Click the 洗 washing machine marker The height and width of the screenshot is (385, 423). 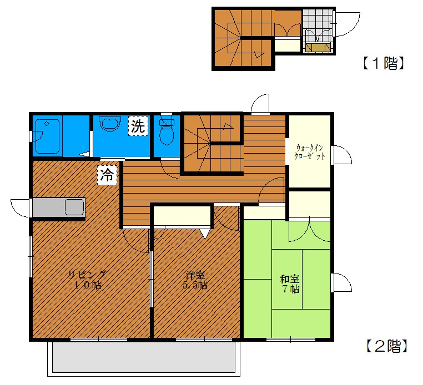pyautogui.click(x=138, y=126)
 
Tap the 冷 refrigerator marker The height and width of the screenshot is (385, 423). pyautogui.click(x=107, y=175)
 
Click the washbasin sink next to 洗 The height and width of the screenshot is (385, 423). pyautogui.click(x=110, y=124)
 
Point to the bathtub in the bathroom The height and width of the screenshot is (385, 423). pyautogui.click(x=48, y=136)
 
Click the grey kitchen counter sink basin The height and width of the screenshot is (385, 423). pyautogui.click(x=74, y=207)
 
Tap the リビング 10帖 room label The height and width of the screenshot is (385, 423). pyautogui.click(x=87, y=280)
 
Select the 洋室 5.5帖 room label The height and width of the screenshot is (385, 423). pyautogui.click(x=195, y=280)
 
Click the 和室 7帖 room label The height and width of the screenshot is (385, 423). pyautogui.click(x=289, y=283)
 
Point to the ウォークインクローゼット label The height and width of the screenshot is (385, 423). pyautogui.click(x=309, y=152)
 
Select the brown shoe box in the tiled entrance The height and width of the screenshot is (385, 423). pyautogui.click(x=318, y=48)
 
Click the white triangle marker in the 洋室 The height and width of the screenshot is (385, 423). pyautogui.click(x=205, y=234)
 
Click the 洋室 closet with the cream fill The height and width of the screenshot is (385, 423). pyautogui.click(x=182, y=216)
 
